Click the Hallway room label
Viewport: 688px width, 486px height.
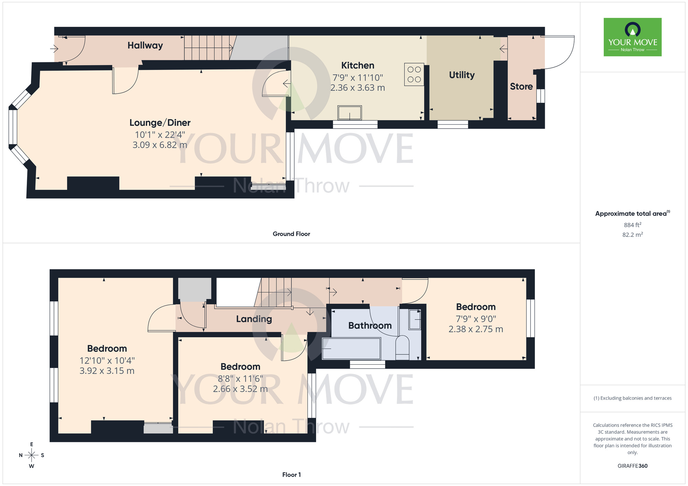tap(145, 45)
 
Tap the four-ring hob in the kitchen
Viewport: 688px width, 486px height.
tap(414, 74)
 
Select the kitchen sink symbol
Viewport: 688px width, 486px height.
tap(350, 113)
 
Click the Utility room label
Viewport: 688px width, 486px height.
tap(462, 75)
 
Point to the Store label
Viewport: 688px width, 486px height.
tap(521, 87)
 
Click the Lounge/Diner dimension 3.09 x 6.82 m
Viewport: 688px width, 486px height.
tap(160, 145)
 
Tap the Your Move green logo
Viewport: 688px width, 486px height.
tap(632, 37)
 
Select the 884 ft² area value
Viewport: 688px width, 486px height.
tap(632, 225)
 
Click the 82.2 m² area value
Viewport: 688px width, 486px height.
tap(632, 235)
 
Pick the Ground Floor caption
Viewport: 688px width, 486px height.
tap(291, 234)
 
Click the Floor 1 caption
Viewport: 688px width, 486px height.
tap(291, 475)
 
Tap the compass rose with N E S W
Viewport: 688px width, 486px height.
tap(31, 455)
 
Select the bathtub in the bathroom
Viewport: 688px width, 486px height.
tap(351, 349)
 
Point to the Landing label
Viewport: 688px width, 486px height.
tap(254, 319)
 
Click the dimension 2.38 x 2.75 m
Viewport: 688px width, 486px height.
tap(475, 329)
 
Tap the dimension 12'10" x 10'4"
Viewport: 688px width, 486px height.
tap(107, 361)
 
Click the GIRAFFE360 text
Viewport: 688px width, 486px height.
tap(632, 466)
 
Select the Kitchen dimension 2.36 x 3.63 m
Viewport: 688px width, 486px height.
tap(357, 88)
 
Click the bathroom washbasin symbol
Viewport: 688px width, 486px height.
tap(415, 319)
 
